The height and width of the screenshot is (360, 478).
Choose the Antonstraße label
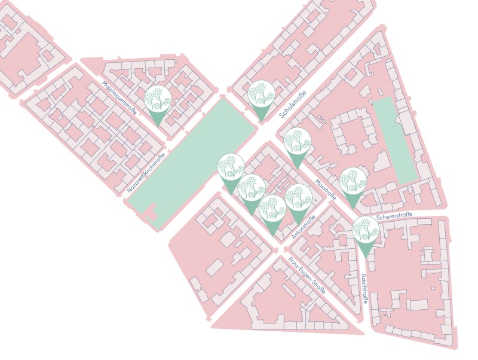click(x=304, y=228)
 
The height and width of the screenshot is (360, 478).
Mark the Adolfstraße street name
click(x=365, y=288)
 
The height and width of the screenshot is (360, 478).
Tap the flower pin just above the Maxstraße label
click(x=296, y=142)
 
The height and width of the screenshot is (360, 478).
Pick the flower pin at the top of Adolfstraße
click(x=364, y=231)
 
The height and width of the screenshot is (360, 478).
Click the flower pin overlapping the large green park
click(x=230, y=168)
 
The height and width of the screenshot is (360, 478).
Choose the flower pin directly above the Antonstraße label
click(x=297, y=198)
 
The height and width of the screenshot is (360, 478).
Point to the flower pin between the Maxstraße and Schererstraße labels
click(x=353, y=182)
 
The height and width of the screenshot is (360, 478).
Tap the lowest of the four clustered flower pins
click(x=272, y=209)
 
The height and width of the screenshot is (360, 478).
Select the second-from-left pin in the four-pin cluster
click(x=252, y=188)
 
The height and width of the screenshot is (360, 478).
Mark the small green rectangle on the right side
click(x=394, y=141)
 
